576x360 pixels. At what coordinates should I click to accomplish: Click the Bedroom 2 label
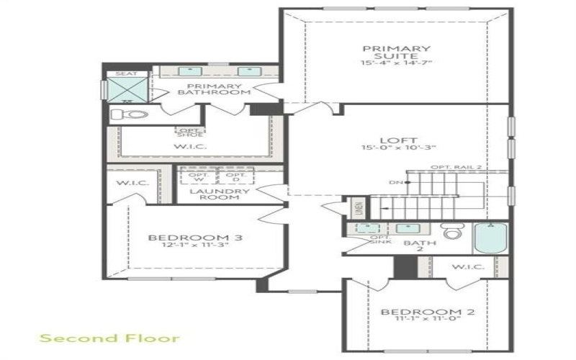[x=428, y=312]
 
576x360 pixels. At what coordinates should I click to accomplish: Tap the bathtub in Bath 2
[x=491, y=238]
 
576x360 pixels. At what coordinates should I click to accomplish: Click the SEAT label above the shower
[x=126, y=73]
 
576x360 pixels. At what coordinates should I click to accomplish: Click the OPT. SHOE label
[x=190, y=132]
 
